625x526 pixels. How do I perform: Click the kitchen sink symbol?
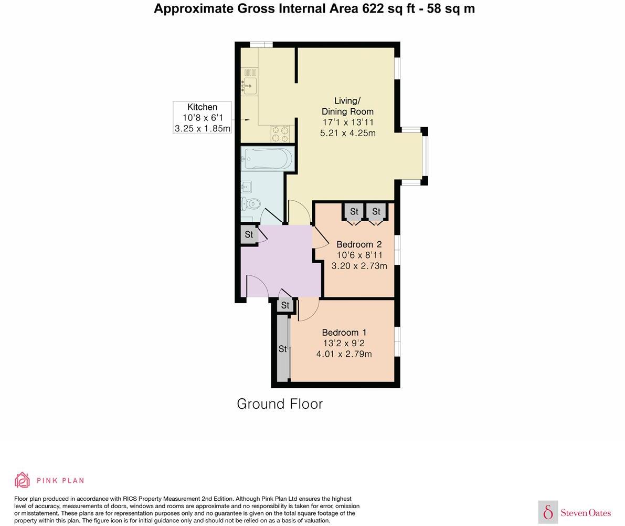[x=249, y=83]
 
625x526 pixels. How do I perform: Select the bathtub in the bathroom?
[x=267, y=158]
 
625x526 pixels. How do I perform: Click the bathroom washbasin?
[x=246, y=186]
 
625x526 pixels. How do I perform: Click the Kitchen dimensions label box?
[x=202, y=118]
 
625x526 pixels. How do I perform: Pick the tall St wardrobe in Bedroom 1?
[x=282, y=349]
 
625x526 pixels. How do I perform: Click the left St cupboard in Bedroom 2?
[x=354, y=212]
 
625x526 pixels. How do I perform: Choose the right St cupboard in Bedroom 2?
[x=376, y=212]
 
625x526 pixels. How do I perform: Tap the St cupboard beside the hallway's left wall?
[x=249, y=234]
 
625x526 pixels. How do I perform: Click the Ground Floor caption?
[x=280, y=404]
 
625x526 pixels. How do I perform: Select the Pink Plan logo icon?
[x=22, y=480]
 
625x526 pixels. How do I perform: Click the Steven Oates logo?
[x=575, y=512]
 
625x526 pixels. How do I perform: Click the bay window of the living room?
[x=424, y=157]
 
